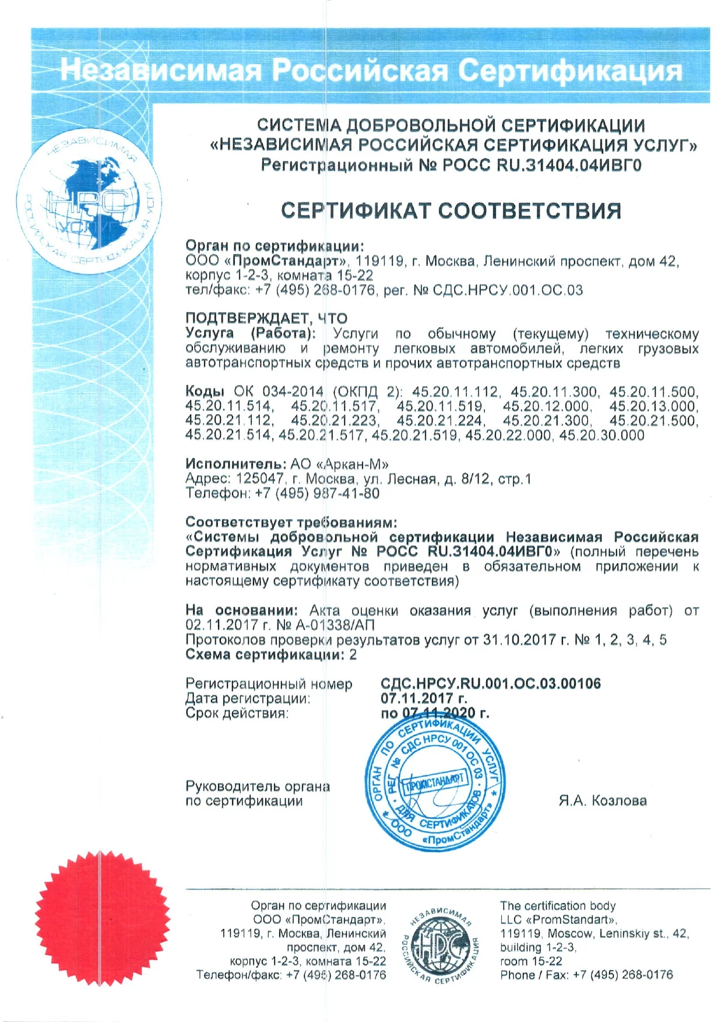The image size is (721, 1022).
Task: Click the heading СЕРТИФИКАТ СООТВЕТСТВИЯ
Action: pyautogui.click(x=451, y=211)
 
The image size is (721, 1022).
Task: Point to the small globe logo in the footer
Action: pyautogui.click(x=441, y=944)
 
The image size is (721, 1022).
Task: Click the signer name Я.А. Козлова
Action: pyautogui.click(x=602, y=800)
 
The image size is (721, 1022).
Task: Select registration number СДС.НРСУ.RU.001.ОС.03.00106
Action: pyautogui.click(x=490, y=684)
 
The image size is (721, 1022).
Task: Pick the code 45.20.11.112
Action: pyautogui.click(x=455, y=391)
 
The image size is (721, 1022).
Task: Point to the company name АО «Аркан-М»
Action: pyautogui.click(x=339, y=464)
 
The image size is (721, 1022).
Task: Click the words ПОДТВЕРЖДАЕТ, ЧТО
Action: pyautogui.click(x=266, y=318)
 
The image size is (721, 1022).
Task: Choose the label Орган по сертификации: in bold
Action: pyautogui.click(x=275, y=246)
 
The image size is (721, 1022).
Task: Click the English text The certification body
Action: pyautogui.click(x=557, y=905)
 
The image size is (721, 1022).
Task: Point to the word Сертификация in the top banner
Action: pyautogui.click(x=569, y=71)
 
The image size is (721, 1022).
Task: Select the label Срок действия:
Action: pyautogui.click(x=237, y=713)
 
